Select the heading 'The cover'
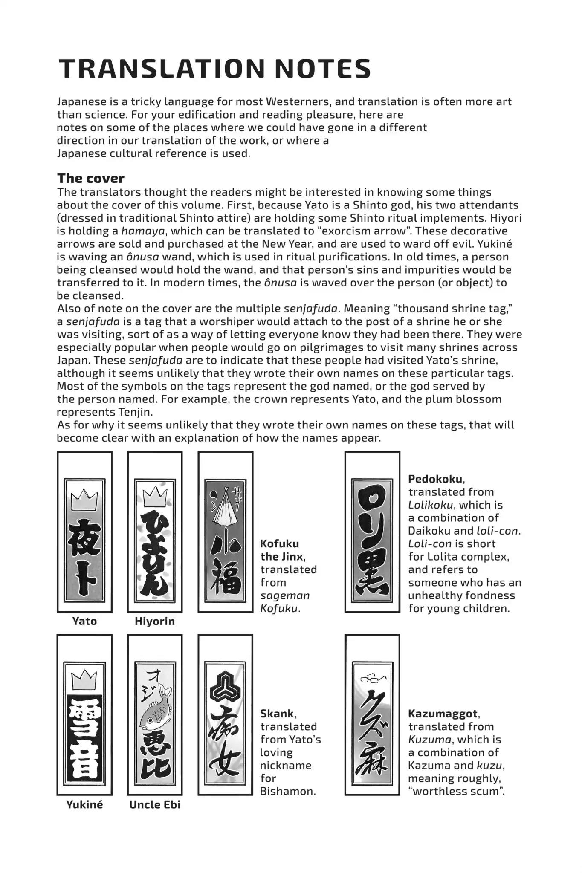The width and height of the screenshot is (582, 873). coord(90,178)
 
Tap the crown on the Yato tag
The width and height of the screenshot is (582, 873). coord(84,500)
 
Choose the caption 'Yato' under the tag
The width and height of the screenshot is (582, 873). coord(84,621)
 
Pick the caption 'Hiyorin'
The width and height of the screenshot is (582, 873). coord(154,621)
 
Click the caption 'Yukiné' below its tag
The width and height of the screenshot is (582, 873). coord(84,804)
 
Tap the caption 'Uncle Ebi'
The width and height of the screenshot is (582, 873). coord(154,804)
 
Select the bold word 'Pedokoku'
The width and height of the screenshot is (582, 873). coord(435,479)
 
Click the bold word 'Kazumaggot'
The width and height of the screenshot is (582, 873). coord(444,714)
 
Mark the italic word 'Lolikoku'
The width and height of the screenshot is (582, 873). coord(432,505)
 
